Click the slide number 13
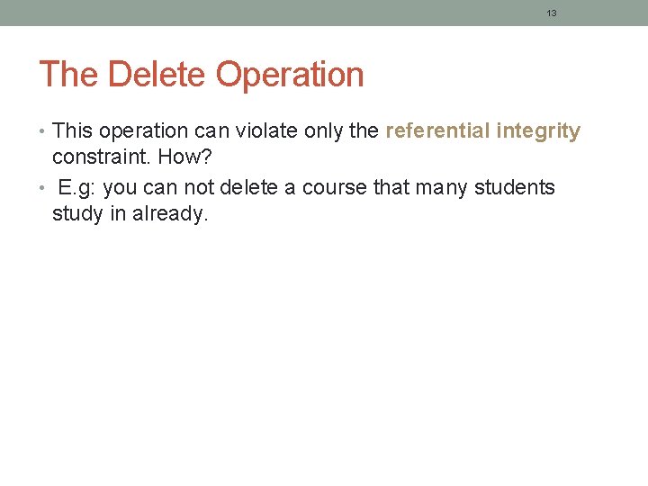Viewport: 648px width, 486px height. pyautogui.click(x=552, y=13)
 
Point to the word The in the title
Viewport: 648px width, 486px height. pyautogui.click(x=68, y=75)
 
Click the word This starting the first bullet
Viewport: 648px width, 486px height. pyautogui.click(x=73, y=131)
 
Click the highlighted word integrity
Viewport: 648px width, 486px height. pyautogui.click(x=538, y=132)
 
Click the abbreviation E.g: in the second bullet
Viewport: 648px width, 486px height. pyautogui.click(x=78, y=188)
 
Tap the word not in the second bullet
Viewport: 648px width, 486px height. pyautogui.click(x=200, y=188)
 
